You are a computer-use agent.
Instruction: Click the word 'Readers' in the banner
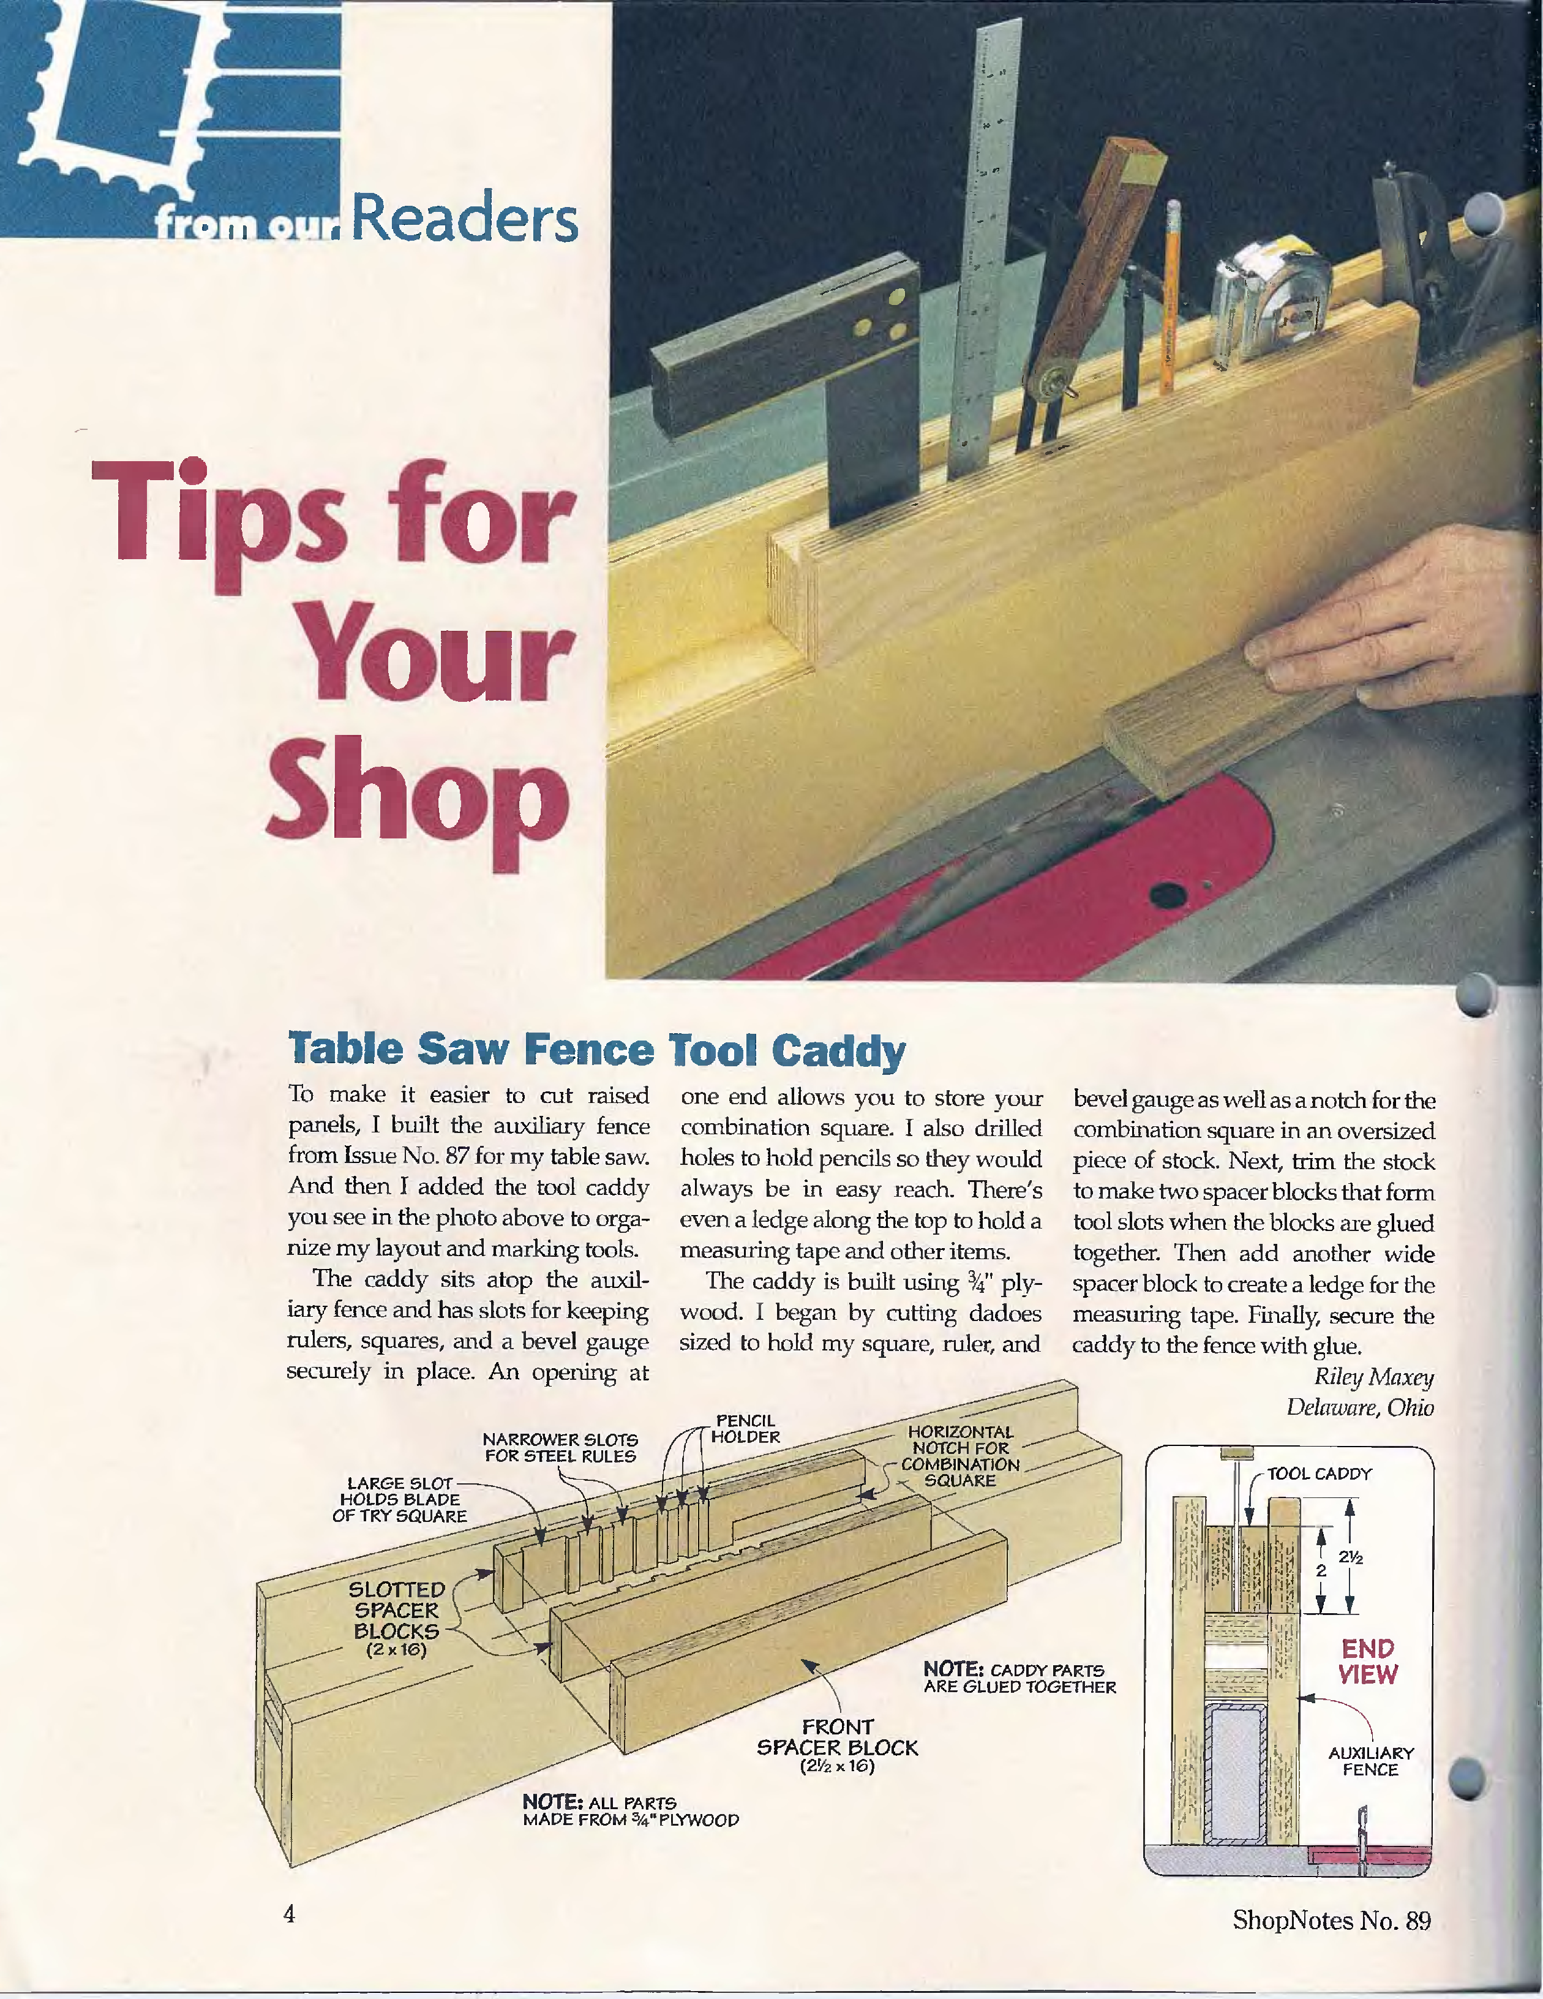tap(464, 220)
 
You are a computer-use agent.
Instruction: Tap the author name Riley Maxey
tap(1373, 1377)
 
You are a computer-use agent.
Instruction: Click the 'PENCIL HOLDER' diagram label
tap(745, 1429)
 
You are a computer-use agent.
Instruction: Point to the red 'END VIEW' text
tap(1368, 1662)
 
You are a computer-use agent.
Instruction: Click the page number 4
tap(289, 1914)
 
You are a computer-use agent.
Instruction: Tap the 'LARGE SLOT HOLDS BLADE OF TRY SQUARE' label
tap(400, 1499)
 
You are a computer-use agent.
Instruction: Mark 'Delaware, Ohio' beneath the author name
tap(1360, 1407)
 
